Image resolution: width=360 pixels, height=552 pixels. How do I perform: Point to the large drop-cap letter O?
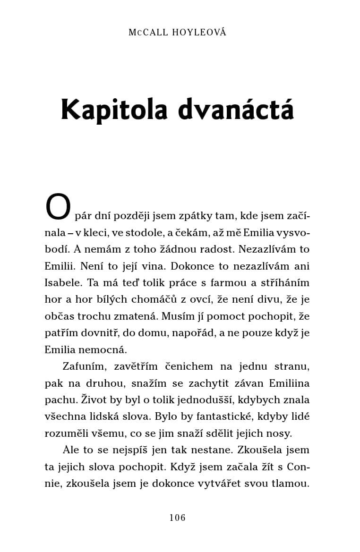[x=58, y=208]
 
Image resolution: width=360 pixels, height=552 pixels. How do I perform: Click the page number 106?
[x=178, y=518]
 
